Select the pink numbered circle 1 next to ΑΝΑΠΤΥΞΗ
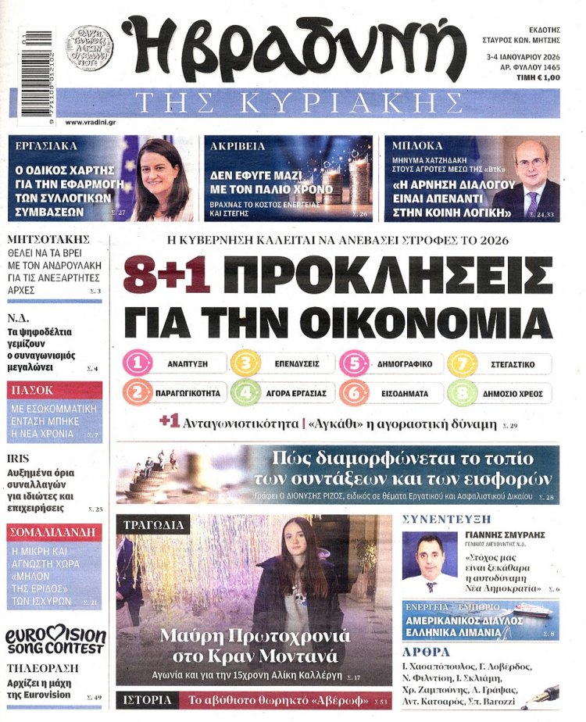(138, 363)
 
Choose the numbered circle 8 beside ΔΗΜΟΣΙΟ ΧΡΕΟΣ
(462, 392)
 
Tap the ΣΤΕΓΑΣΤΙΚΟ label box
(513, 363)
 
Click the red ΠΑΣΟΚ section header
(54, 390)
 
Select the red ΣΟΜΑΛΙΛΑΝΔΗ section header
(54, 532)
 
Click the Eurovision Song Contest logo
(54, 641)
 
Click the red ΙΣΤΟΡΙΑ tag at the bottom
(148, 700)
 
